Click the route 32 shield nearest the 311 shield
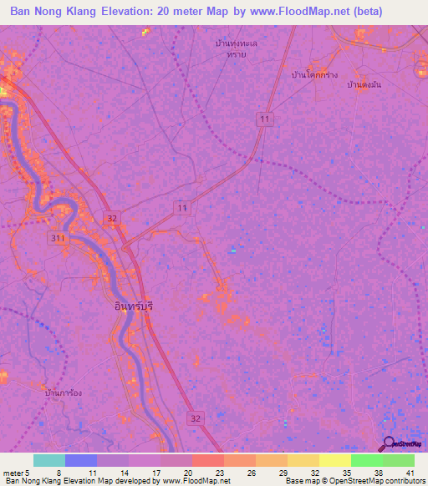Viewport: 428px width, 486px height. [x=112, y=217]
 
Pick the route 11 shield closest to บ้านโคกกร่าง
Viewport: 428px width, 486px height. [x=265, y=120]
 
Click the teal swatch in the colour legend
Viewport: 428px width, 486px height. [x=49, y=460]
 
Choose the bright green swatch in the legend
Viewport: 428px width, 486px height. [x=366, y=460]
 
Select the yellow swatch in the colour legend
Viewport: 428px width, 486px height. [x=334, y=460]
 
